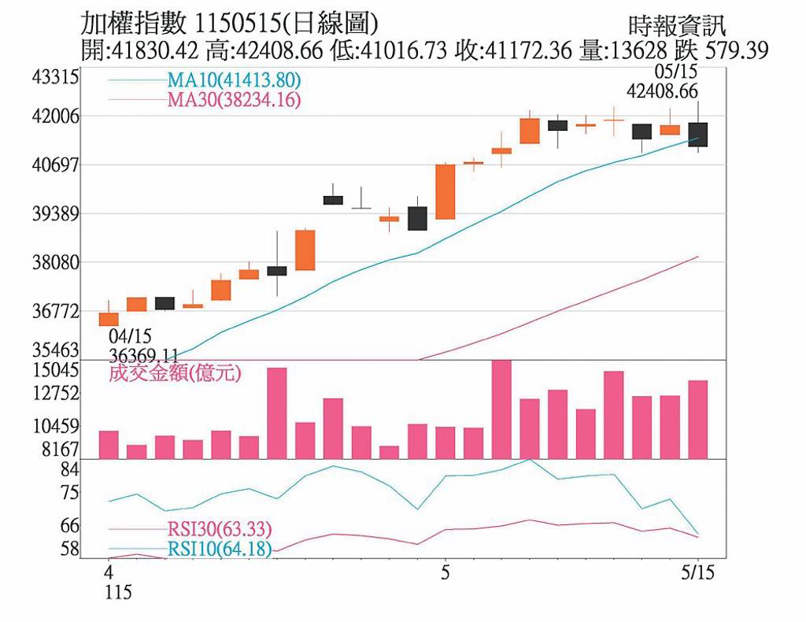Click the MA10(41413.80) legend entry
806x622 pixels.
pyautogui.click(x=234, y=80)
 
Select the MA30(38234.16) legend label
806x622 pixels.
pyautogui.click(x=234, y=99)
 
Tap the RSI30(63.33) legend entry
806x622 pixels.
pyautogui.click(x=220, y=529)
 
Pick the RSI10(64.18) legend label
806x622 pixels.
pyautogui.click(x=220, y=549)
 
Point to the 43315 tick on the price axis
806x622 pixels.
pyautogui.click(x=56, y=78)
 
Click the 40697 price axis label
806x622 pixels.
pyautogui.click(x=56, y=165)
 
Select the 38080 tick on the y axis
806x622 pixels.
pyautogui.click(x=56, y=263)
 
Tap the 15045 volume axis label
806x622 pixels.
pyautogui.click(x=56, y=370)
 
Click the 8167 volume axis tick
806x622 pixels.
pyautogui.click(x=60, y=450)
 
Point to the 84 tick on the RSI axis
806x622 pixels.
pyautogui.click(x=70, y=470)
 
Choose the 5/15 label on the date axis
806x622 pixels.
pyautogui.click(x=697, y=572)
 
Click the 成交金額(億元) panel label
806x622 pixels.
pyautogui.click(x=175, y=372)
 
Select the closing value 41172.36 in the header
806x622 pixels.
pyautogui.click(x=527, y=50)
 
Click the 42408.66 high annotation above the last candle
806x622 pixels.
pyautogui.click(x=662, y=91)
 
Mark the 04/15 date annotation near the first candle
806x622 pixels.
pyautogui.click(x=130, y=337)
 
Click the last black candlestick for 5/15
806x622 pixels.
pyautogui.click(x=697, y=135)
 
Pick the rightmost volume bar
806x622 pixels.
pyautogui.click(x=697, y=420)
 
